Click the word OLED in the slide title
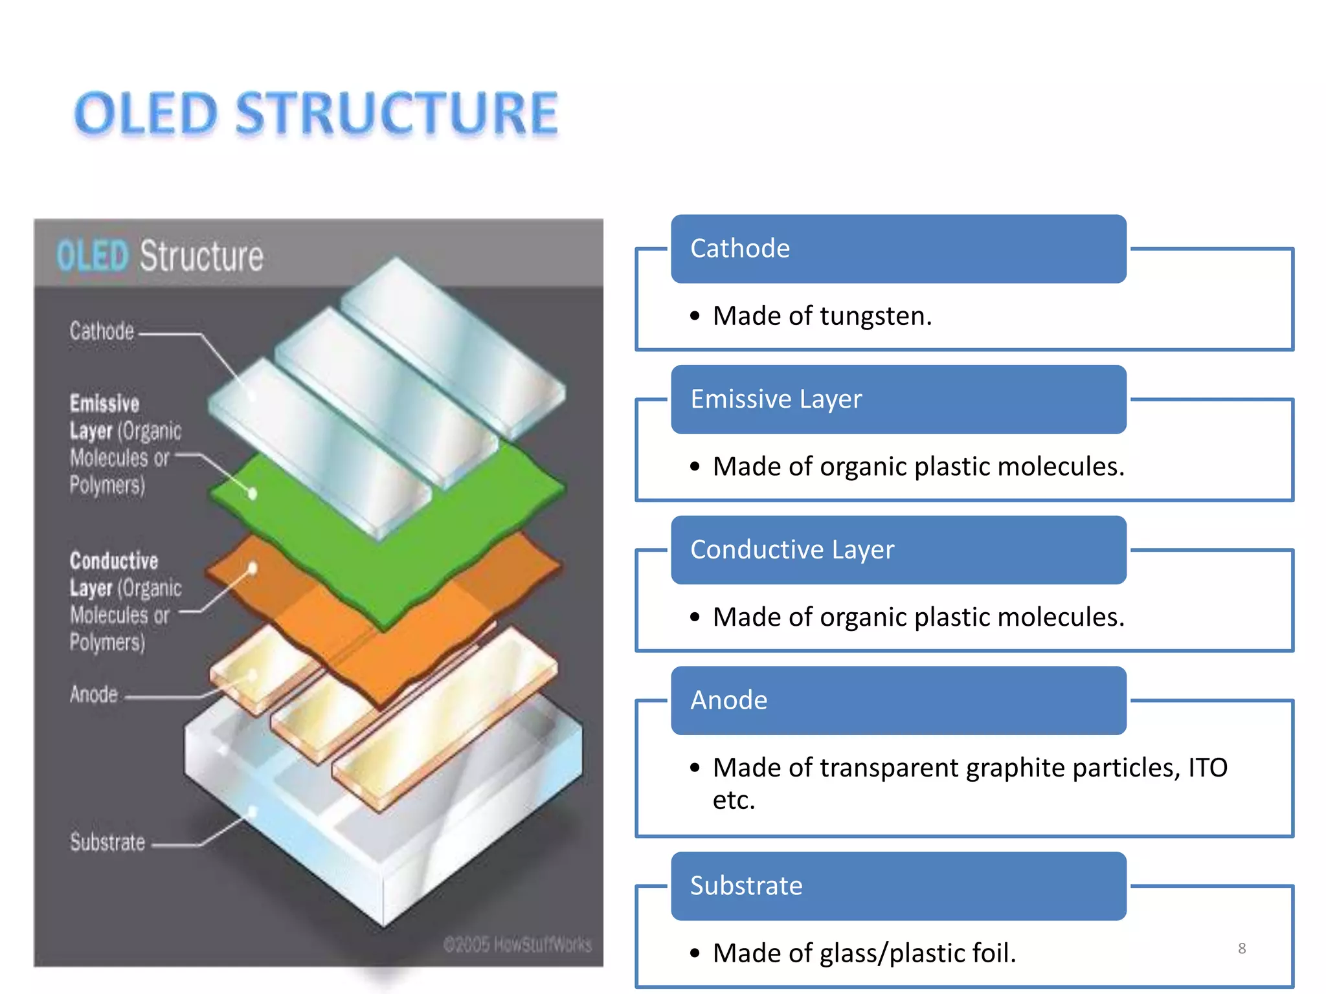(146, 114)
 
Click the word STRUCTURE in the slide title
(396, 114)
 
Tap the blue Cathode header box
(898, 248)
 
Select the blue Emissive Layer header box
(898, 399)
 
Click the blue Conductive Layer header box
(898, 550)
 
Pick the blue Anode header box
(898, 700)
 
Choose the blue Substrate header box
(898, 886)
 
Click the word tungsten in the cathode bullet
(875, 316)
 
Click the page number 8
(1242, 949)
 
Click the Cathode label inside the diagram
(102, 331)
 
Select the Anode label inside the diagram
(94, 694)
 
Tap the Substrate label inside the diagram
(107, 843)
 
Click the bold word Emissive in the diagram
(104, 404)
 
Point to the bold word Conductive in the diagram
(114, 561)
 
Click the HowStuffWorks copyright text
(517, 945)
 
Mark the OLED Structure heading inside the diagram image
(160, 256)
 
